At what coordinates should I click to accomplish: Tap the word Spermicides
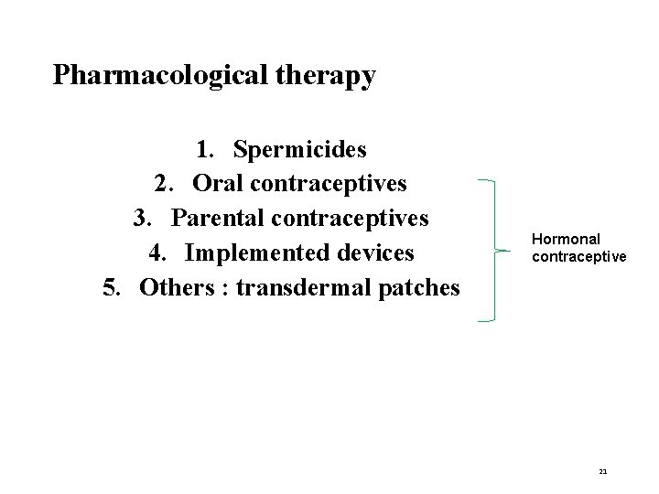(x=300, y=148)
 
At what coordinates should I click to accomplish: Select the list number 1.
(x=204, y=148)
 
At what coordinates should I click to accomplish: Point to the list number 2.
(x=163, y=183)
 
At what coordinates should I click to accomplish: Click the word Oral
(x=219, y=183)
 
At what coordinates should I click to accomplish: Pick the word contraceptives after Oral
(x=329, y=183)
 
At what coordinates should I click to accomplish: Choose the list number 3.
(x=141, y=218)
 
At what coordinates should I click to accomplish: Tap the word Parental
(x=215, y=218)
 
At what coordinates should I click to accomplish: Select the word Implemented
(x=253, y=252)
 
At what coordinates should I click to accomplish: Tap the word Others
(x=180, y=287)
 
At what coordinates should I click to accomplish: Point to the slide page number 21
(x=603, y=471)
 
